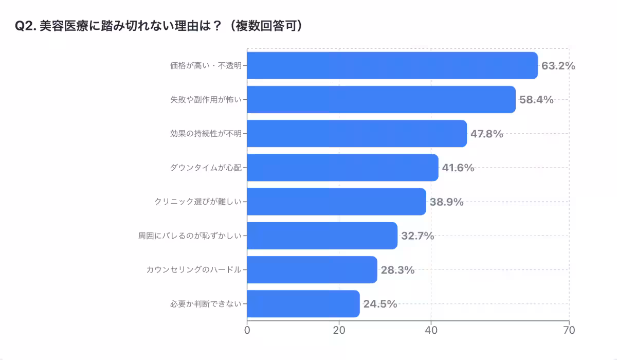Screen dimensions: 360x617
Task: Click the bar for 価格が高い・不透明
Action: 392,65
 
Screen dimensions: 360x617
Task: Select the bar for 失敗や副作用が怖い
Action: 381,99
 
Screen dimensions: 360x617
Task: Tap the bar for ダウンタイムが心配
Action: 342,168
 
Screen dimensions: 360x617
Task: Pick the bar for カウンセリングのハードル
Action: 312,269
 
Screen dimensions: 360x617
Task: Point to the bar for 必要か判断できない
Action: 303,303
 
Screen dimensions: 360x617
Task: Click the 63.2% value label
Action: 558,66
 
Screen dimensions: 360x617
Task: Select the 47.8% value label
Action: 486,134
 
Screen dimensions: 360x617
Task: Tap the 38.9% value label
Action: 446,202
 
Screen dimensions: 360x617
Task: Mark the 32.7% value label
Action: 418,236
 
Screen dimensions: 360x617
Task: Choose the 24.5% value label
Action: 380,304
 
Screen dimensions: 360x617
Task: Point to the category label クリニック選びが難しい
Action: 198,202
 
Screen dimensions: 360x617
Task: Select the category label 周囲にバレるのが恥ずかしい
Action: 190,236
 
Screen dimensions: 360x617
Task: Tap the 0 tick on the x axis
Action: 247,330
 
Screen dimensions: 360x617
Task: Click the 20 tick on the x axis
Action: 339,330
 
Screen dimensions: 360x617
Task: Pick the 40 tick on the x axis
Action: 431,330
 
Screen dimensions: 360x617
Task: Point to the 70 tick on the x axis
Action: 569,330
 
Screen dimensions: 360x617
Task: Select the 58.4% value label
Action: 536,100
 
